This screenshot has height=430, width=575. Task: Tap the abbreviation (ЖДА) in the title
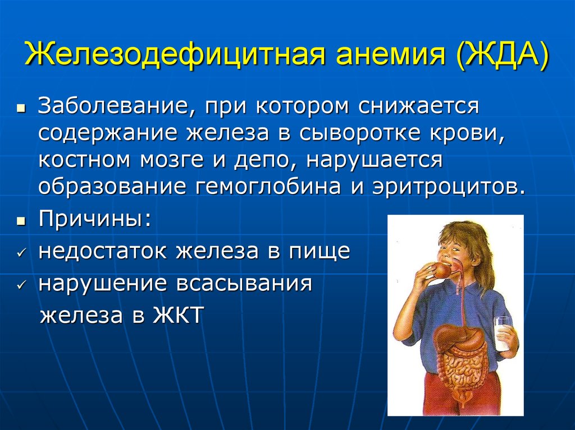(x=502, y=55)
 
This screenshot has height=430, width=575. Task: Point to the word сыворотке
(x=359, y=133)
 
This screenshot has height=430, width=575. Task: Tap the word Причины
(x=94, y=220)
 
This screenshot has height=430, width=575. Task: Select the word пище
(x=320, y=252)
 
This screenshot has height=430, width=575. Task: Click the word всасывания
(x=244, y=284)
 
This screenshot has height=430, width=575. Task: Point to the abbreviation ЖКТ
(x=178, y=315)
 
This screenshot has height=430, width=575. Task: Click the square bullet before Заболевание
(x=21, y=108)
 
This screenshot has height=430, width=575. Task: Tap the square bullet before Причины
(x=21, y=221)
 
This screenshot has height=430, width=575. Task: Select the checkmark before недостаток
(x=22, y=253)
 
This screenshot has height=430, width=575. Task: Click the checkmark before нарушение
(x=22, y=284)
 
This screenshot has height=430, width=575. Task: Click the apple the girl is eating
(x=442, y=270)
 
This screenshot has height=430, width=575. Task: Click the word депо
(x=264, y=161)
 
